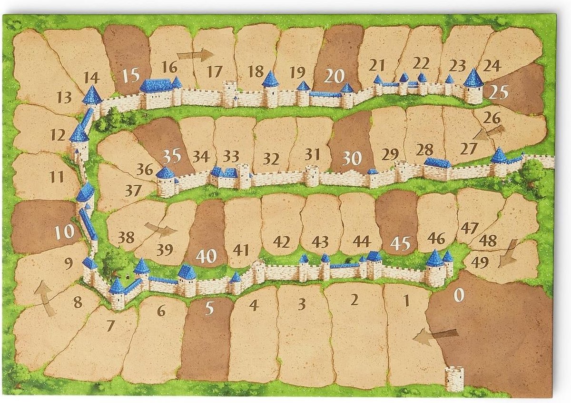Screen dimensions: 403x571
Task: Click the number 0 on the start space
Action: (458, 295)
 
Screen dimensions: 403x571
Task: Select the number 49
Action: (479, 262)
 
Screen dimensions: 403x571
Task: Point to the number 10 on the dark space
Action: (64, 232)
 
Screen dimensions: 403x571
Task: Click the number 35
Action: (171, 156)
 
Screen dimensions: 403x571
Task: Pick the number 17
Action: (215, 72)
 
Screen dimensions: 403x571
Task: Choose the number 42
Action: (282, 242)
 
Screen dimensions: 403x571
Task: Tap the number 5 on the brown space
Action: (210, 309)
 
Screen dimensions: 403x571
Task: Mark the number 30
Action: (352, 159)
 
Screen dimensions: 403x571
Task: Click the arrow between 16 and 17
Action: (199, 55)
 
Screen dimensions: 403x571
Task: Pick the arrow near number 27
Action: (489, 132)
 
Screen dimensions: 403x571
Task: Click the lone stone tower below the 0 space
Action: (454, 378)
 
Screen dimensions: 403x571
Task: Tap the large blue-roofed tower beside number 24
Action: (473, 86)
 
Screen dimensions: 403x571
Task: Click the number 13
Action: (63, 98)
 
